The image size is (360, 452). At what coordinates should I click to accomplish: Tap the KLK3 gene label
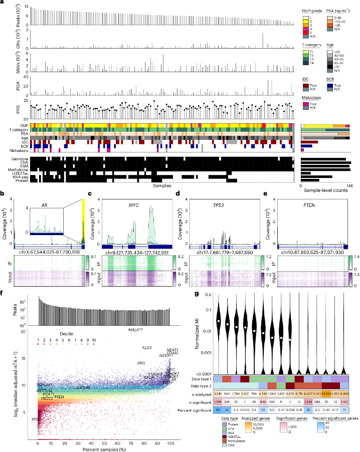point(147,348)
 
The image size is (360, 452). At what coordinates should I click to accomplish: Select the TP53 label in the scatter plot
point(36,419)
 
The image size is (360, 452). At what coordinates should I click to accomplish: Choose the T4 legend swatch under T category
point(304,63)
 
